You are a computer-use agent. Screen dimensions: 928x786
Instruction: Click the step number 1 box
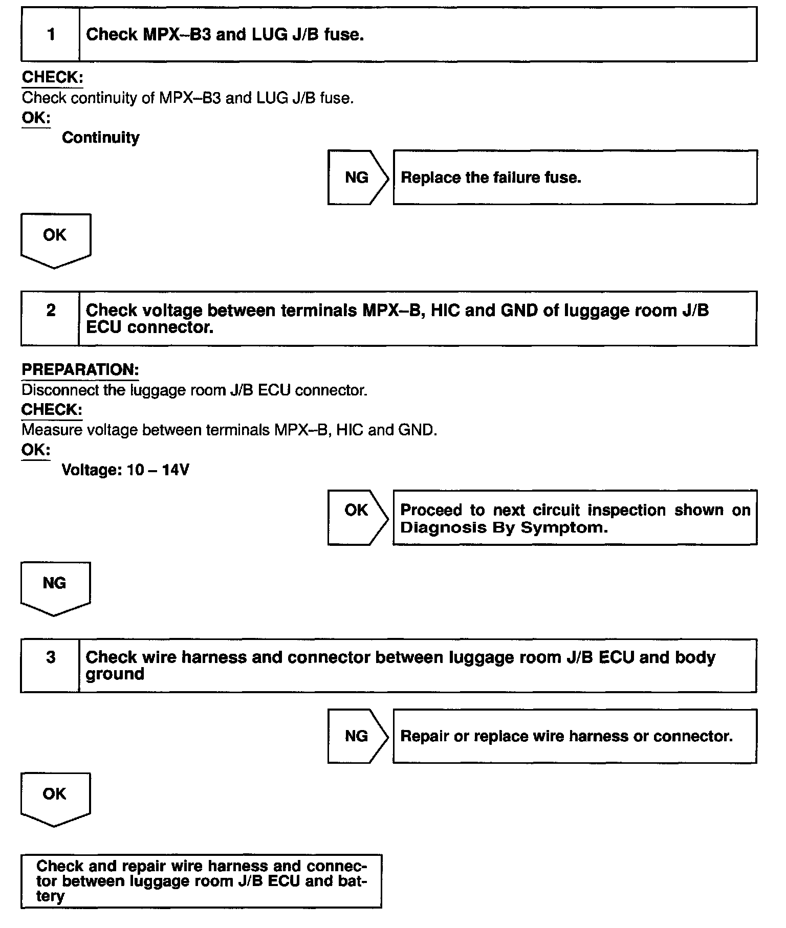click(x=51, y=34)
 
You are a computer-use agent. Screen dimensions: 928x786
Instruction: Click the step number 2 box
click(x=51, y=318)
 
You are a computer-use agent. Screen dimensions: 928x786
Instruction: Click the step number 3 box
click(x=51, y=665)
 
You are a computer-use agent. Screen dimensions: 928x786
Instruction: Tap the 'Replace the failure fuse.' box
click(x=574, y=178)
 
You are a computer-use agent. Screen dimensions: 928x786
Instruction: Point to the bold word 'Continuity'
click(x=100, y=138)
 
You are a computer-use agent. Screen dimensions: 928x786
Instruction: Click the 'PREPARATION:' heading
click(x=80, y=370)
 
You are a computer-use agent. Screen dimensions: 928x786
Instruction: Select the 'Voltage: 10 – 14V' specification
click(x=125, y=470)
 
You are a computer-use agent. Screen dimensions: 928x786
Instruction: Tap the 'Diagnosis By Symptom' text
click(x=504, y=527)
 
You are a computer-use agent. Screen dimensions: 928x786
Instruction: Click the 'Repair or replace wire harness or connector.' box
click(x=574, y=736)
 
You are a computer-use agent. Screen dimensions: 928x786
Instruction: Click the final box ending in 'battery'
click(x=201, y=880)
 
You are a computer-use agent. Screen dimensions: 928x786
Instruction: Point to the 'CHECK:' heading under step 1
click(x=52, y=77)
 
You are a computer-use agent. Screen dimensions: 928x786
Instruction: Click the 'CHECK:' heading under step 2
click(x=52, y=410)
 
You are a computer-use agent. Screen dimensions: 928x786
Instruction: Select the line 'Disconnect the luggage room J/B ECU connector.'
click(x=194, y=390)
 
